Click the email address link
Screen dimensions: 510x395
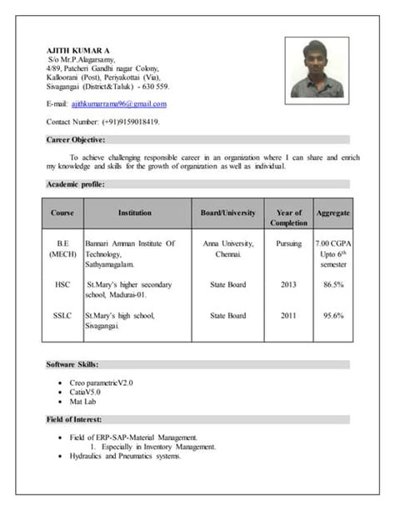pos(119,104)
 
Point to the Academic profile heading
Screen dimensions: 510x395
pos(75,184)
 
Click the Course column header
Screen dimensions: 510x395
pos(62,213)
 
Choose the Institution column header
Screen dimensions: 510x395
pos(135,213)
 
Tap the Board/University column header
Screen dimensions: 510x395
pos(227,213)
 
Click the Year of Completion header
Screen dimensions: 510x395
pos(288,218)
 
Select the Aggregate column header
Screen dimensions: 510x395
pos(332,213)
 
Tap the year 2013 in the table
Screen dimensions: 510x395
pos(288,285)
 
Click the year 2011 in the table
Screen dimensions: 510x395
pos(288,316)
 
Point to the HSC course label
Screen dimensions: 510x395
pos(62,285)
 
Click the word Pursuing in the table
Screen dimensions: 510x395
pos(288,243)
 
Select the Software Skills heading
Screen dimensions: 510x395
pos(72,364)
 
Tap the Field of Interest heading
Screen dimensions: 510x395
pos(74,419)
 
